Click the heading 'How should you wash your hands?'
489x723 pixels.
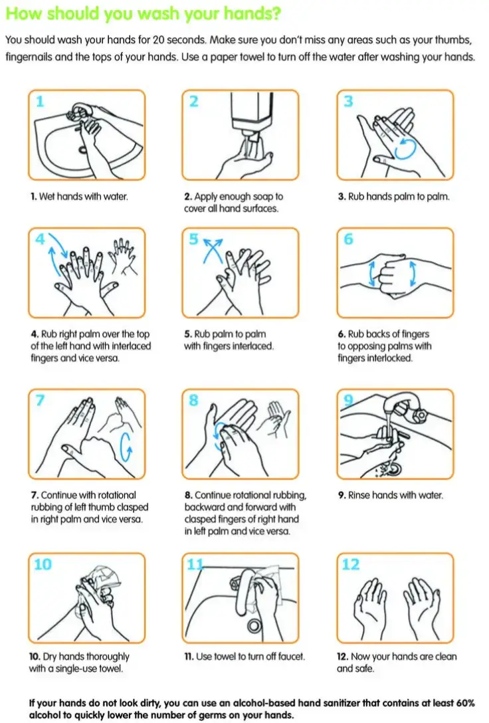click(x=142, y=13)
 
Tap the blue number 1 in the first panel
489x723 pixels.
click(x=40, y=102)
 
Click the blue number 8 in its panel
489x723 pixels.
click(x=194, y=401)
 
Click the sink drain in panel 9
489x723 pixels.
click(x=392, y=468)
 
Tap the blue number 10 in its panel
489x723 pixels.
click(x=42, y=564)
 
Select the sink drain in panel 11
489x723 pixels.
click(x=254, y=625)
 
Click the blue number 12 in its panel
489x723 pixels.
click(x=350, y=564)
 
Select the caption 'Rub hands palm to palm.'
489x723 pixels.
click(x=393, y=197)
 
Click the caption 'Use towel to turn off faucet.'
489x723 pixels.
click(x=244, y=657)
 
